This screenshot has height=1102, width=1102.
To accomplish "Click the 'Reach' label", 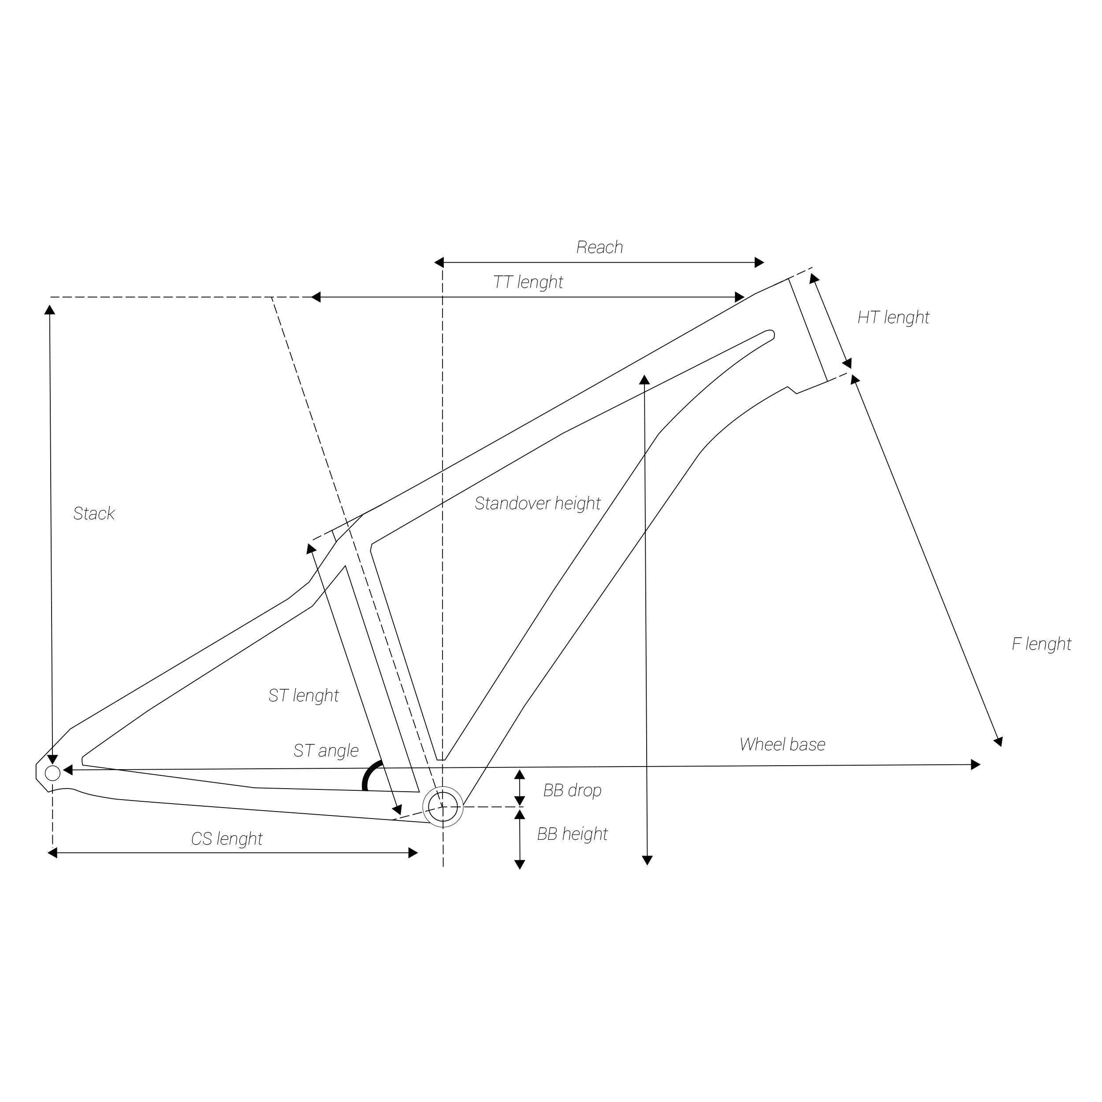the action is click(599, 247).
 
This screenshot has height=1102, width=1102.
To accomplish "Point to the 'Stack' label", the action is click(94, 514).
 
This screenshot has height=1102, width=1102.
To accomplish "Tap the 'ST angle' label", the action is click(326, 751).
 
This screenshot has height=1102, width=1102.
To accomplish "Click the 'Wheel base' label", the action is click(782, 745).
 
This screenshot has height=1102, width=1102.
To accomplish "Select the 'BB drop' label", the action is click(572, 790).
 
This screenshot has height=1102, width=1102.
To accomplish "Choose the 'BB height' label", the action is click(572, 834).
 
